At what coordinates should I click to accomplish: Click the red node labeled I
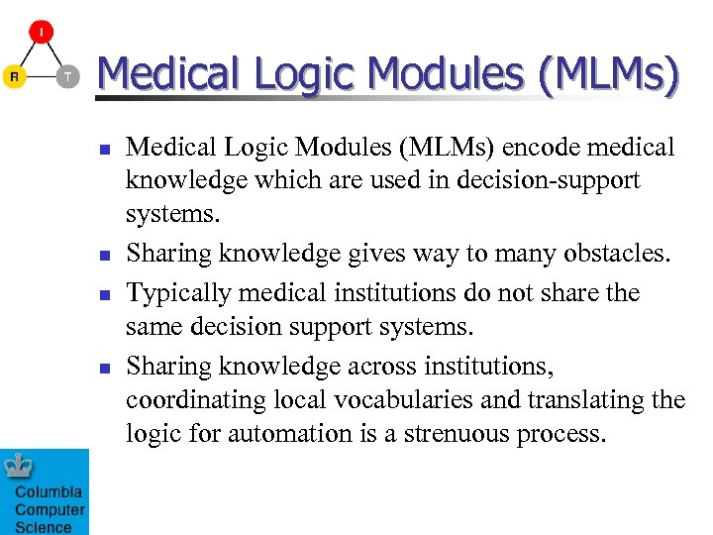(41, 32)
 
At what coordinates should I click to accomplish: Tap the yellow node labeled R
(14, 76)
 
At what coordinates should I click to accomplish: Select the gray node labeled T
(66, 76)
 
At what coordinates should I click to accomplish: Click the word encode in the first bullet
(536, 148)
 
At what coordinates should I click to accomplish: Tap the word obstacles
(614, 254)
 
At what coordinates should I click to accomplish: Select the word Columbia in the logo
(49, 492)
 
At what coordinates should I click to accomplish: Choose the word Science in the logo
(44, 527)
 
